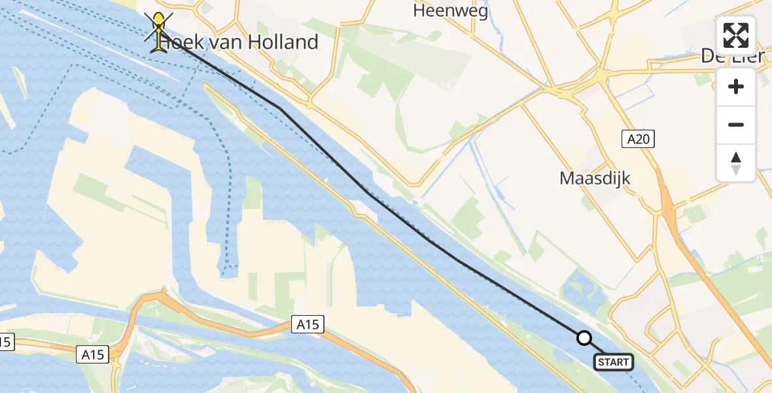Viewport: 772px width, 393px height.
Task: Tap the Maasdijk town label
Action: pos(595,178)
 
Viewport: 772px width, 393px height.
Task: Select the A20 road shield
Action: pos(638,138)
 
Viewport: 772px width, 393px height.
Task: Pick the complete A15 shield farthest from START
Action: pos(93,354)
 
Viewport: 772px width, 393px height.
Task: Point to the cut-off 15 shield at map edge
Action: pos(5,341)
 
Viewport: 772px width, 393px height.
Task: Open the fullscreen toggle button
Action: pos(736,35)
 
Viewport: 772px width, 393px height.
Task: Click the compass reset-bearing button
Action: pos(736,163)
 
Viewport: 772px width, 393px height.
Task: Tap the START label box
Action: pos(614,362)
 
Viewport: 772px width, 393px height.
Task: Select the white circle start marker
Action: pos(584,338)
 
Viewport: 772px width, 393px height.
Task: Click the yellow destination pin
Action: pos(159,28)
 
